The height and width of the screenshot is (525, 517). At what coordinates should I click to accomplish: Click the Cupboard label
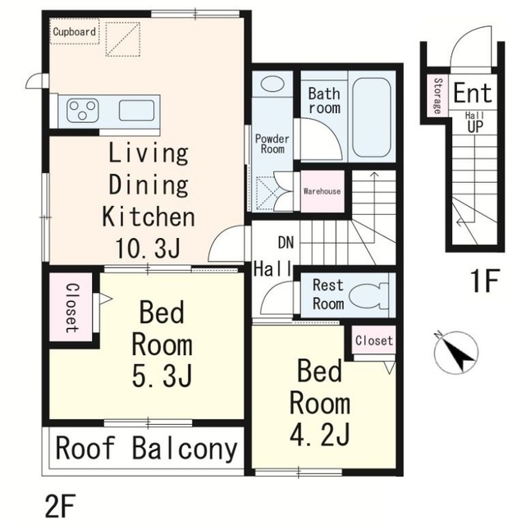[x=75, y=32]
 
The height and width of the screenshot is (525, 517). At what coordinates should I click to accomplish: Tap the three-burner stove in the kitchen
[x=83, y=110]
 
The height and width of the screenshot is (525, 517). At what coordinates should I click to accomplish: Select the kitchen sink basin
[x=136, y=110]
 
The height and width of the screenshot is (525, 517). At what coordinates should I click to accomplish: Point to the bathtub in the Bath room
[x=372, y=117]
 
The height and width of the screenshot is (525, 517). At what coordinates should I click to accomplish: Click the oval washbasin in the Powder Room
[x=272, y=84]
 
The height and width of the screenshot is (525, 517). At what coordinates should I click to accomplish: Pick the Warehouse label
[x=322, y=191]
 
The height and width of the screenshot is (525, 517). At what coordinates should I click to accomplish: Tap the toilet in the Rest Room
[x=368, y=296]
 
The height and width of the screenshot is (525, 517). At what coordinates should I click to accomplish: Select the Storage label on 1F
[x=437, y=96]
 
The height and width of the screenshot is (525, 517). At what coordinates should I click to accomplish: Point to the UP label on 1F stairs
[x=475, y=126]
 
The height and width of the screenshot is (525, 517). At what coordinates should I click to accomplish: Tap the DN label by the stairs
[x=286, y=243]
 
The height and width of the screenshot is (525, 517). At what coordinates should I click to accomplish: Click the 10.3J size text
[x=149, y=248]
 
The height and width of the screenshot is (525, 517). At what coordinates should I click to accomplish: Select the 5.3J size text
[x=162, y=376]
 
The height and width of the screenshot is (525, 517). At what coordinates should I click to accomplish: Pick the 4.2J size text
[x=320, y=435]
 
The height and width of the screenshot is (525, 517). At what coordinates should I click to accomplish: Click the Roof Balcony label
[x=146, y=449]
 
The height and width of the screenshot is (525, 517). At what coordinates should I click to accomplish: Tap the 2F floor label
[x=59, y=505]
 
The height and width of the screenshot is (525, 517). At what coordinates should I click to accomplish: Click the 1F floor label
[x=485, y=281]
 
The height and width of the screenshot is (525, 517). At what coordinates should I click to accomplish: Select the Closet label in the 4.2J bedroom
[x=374, y=340]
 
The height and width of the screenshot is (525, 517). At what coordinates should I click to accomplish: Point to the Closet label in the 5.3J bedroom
[x=72, y=308]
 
